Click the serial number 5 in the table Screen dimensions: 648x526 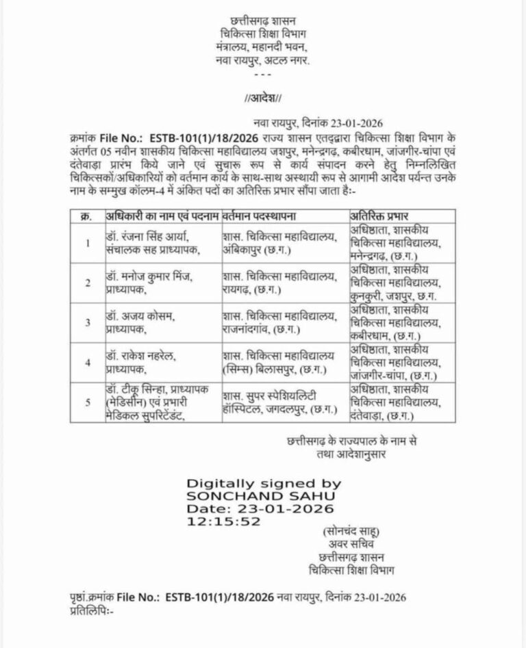[87, 403]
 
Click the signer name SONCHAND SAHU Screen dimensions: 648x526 [245, 497]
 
